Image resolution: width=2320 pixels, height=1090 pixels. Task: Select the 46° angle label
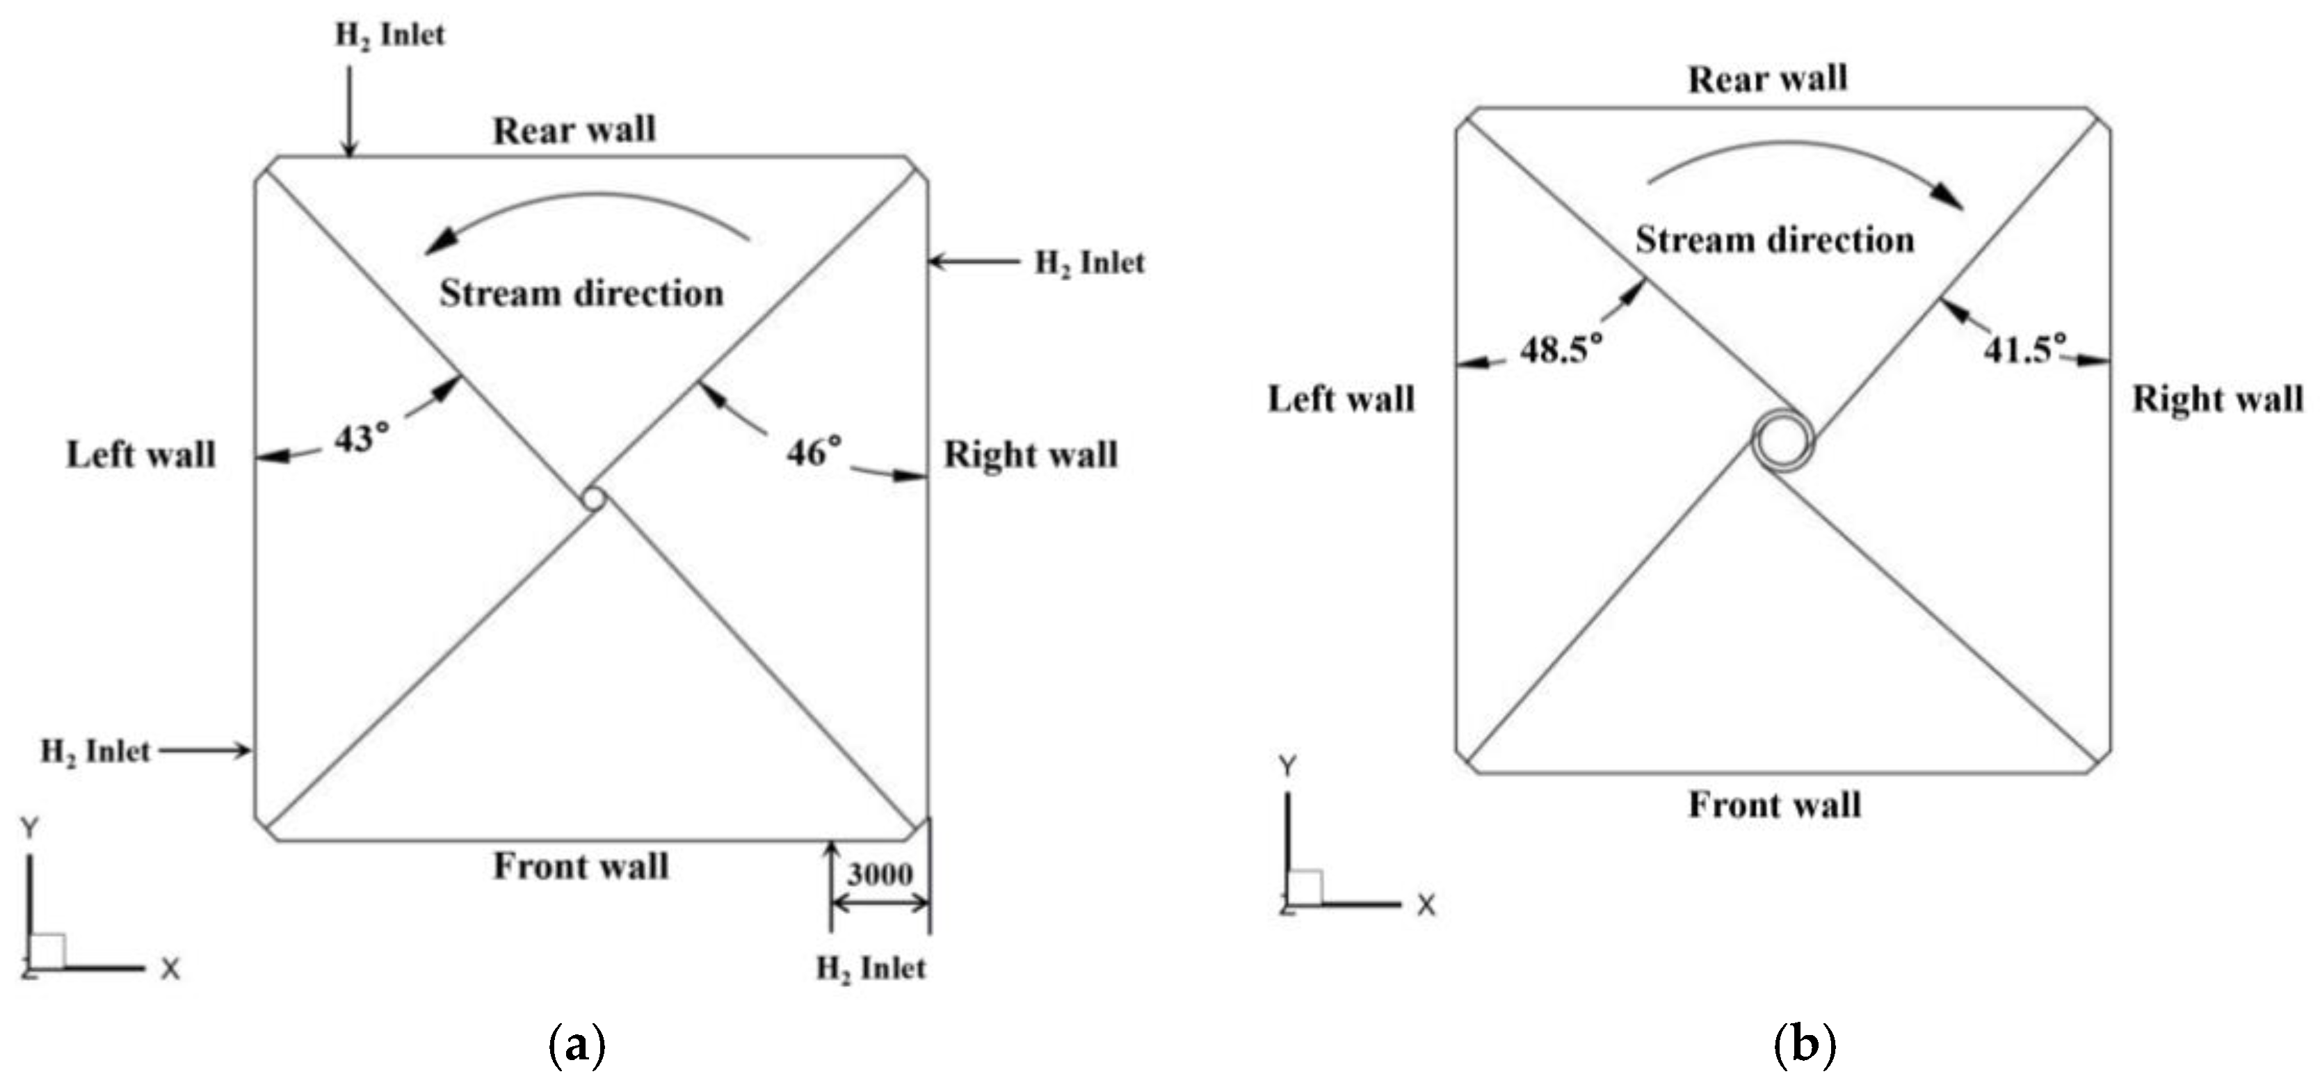point(814,452)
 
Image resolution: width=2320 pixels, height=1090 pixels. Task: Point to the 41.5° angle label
point(2024,348)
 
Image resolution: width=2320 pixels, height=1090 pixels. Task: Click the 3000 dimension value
point(880,873)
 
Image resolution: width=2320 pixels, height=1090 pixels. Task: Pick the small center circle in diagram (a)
point(593,498)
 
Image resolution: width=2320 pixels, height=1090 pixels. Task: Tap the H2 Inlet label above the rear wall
point(390,36)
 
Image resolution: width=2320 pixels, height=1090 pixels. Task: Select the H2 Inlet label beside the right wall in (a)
point(1090,263)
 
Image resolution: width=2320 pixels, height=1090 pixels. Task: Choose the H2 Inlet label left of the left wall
point(95,751)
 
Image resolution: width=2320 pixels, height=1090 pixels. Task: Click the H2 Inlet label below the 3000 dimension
point(871,968)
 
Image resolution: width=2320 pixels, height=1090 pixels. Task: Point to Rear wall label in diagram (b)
point(1767,79)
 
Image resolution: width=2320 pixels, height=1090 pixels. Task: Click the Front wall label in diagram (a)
point(581,867)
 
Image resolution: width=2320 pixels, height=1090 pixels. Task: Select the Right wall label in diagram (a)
point(1031,454)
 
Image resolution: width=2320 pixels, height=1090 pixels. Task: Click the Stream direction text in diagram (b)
point(1774,239)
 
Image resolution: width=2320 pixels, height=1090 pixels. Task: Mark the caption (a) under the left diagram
point(577,1046)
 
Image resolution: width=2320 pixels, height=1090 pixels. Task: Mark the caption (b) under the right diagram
point(1804,1046)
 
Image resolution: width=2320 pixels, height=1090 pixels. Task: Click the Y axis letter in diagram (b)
point(1288,767)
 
